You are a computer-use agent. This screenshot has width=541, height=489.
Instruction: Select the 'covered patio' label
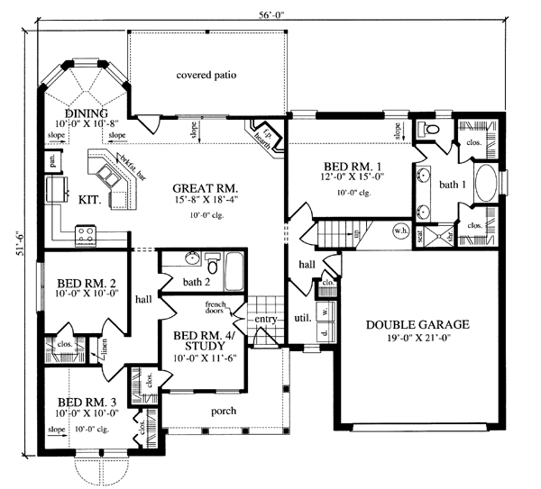click(206, 75)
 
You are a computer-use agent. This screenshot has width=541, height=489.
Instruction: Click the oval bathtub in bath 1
click(485, 185)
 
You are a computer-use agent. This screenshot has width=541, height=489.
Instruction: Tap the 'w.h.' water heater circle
click(400, 230)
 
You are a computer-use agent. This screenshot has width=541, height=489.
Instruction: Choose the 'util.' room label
click(302, 318)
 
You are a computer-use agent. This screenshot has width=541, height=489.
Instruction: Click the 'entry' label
click(266, 319)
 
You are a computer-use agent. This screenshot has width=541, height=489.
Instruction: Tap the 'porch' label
click(224, 412)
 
